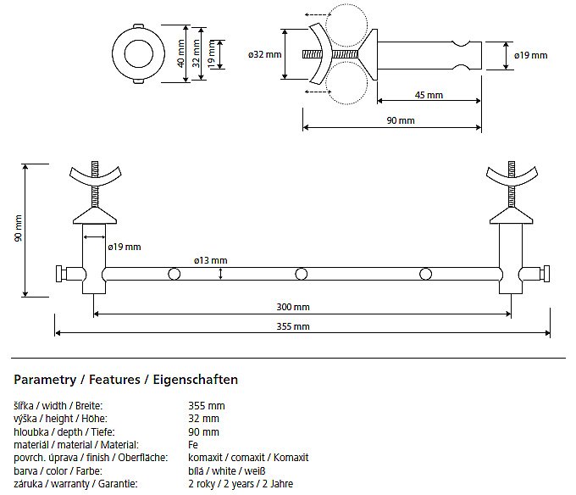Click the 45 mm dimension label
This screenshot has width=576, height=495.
(429, 95)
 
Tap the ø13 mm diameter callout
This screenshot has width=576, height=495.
(210, 259)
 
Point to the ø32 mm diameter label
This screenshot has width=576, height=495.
(264, 55)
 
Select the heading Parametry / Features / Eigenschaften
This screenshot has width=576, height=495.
(126, 380)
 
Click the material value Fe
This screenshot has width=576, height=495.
(193, 444)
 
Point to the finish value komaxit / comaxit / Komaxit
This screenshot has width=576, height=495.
(248, 458)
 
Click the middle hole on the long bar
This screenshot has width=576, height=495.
(301, 274)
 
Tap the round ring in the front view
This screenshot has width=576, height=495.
(140, 53)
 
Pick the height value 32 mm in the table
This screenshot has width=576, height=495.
(203, 419)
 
